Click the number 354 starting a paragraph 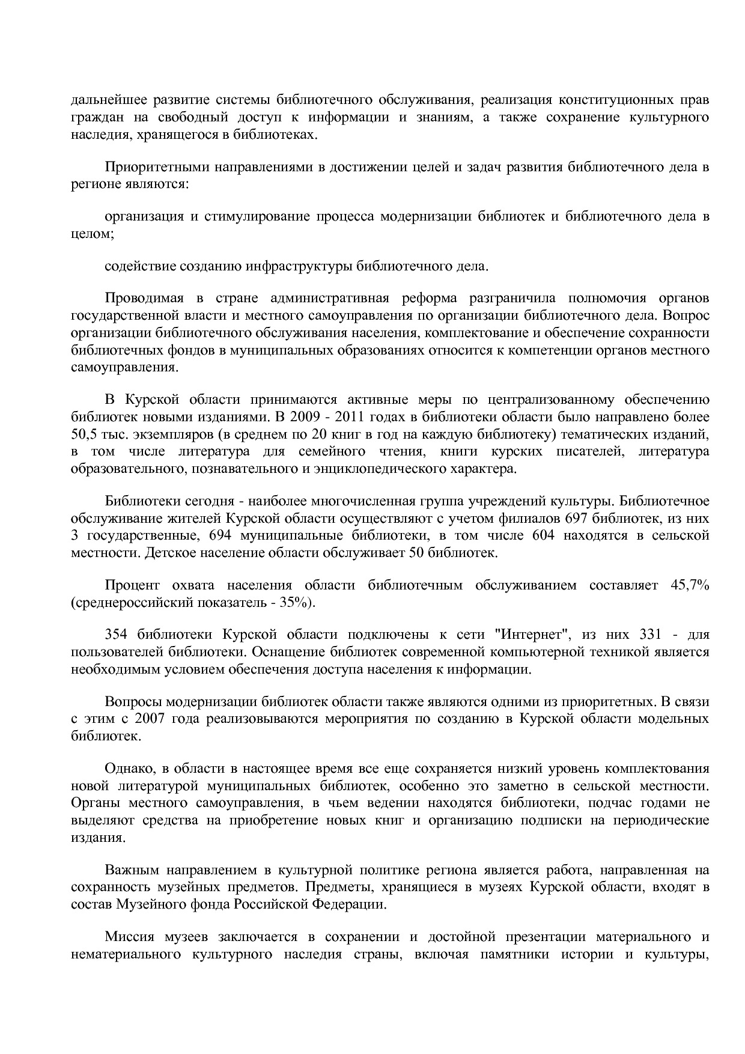tap(117, 635)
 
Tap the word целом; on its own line tap(92, 234)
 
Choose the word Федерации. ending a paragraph tap(350, 904)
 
